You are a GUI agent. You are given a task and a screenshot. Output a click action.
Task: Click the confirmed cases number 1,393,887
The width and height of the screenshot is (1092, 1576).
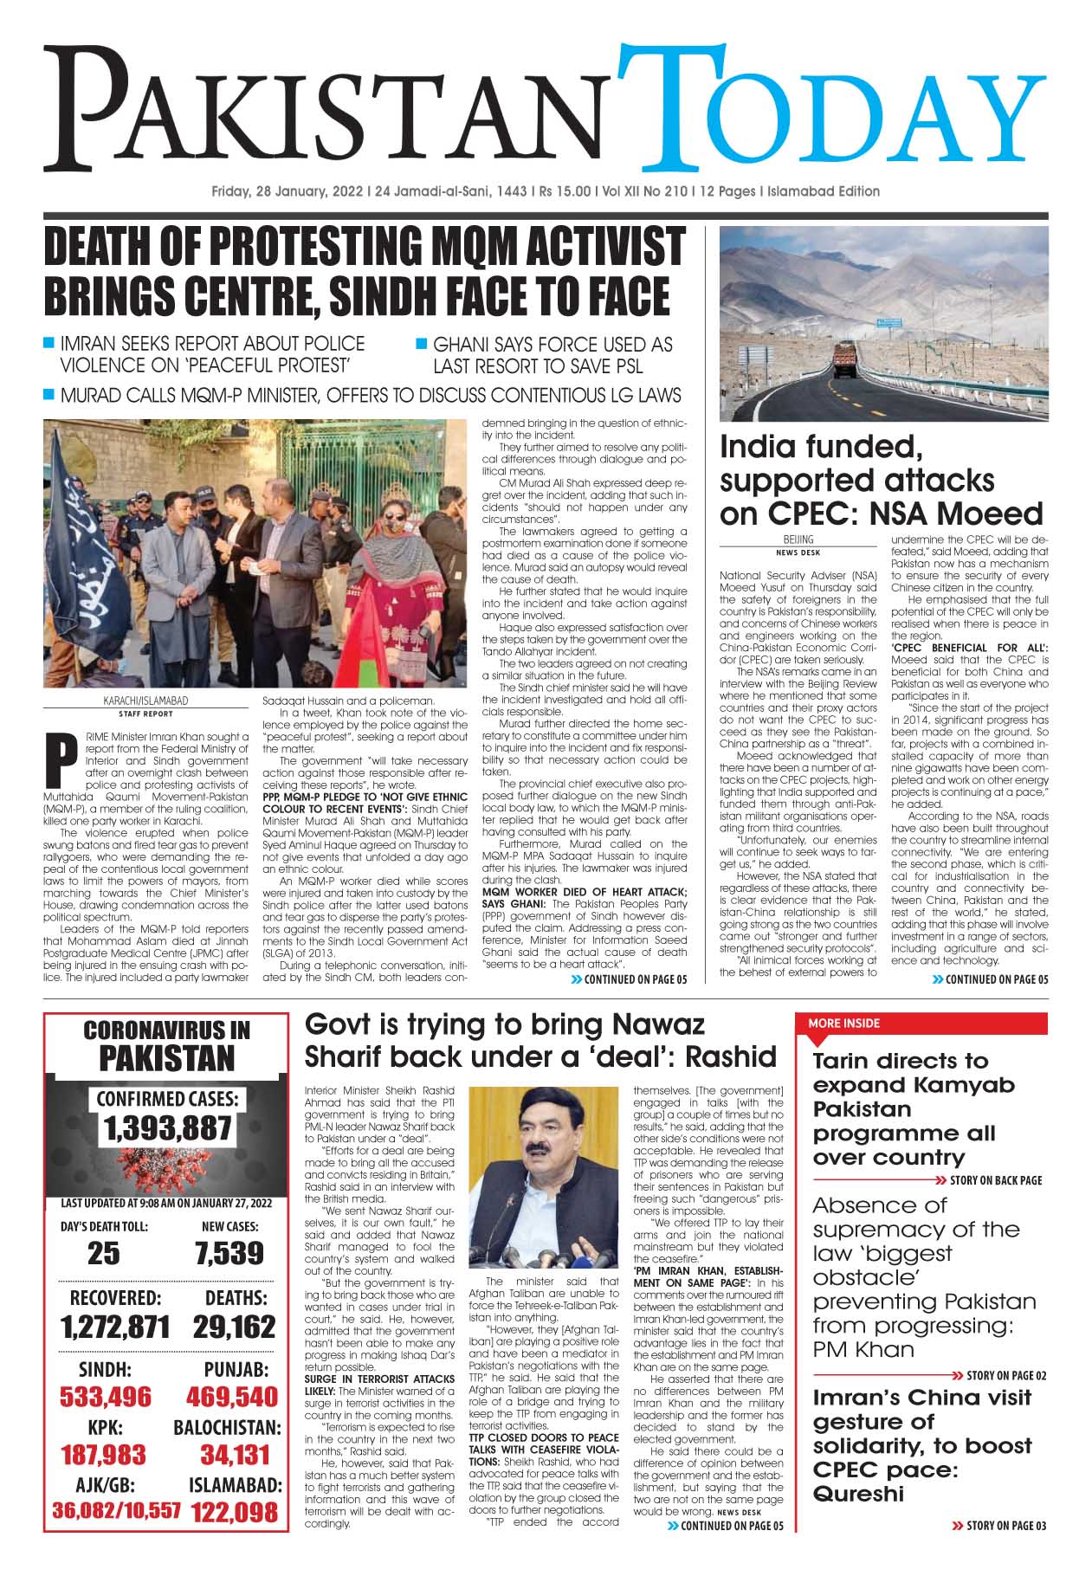tap(167, 1128)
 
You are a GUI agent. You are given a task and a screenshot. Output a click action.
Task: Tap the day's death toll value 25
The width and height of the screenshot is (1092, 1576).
tap(104, 1253)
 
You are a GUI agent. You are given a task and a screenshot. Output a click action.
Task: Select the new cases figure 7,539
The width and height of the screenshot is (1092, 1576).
tap(229, 1253)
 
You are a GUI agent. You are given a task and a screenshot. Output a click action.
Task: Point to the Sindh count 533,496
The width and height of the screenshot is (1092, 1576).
tap(105, 1396)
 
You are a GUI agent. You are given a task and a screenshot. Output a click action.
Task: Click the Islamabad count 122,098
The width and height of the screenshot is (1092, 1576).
tap(235, 1512)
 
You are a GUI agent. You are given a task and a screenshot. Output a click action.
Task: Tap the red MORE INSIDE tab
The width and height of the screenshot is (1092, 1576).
tap(843, 1024)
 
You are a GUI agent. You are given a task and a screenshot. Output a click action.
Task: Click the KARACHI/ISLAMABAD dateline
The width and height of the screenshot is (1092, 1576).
tap(145, 701)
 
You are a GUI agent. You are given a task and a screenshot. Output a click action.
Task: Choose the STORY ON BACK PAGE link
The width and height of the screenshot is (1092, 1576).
tap(995, 1180)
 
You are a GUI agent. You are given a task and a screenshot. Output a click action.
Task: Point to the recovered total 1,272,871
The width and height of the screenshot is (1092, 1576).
tap(115, 1327)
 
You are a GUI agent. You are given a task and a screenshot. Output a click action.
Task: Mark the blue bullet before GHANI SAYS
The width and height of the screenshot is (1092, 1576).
tap(422, 344)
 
